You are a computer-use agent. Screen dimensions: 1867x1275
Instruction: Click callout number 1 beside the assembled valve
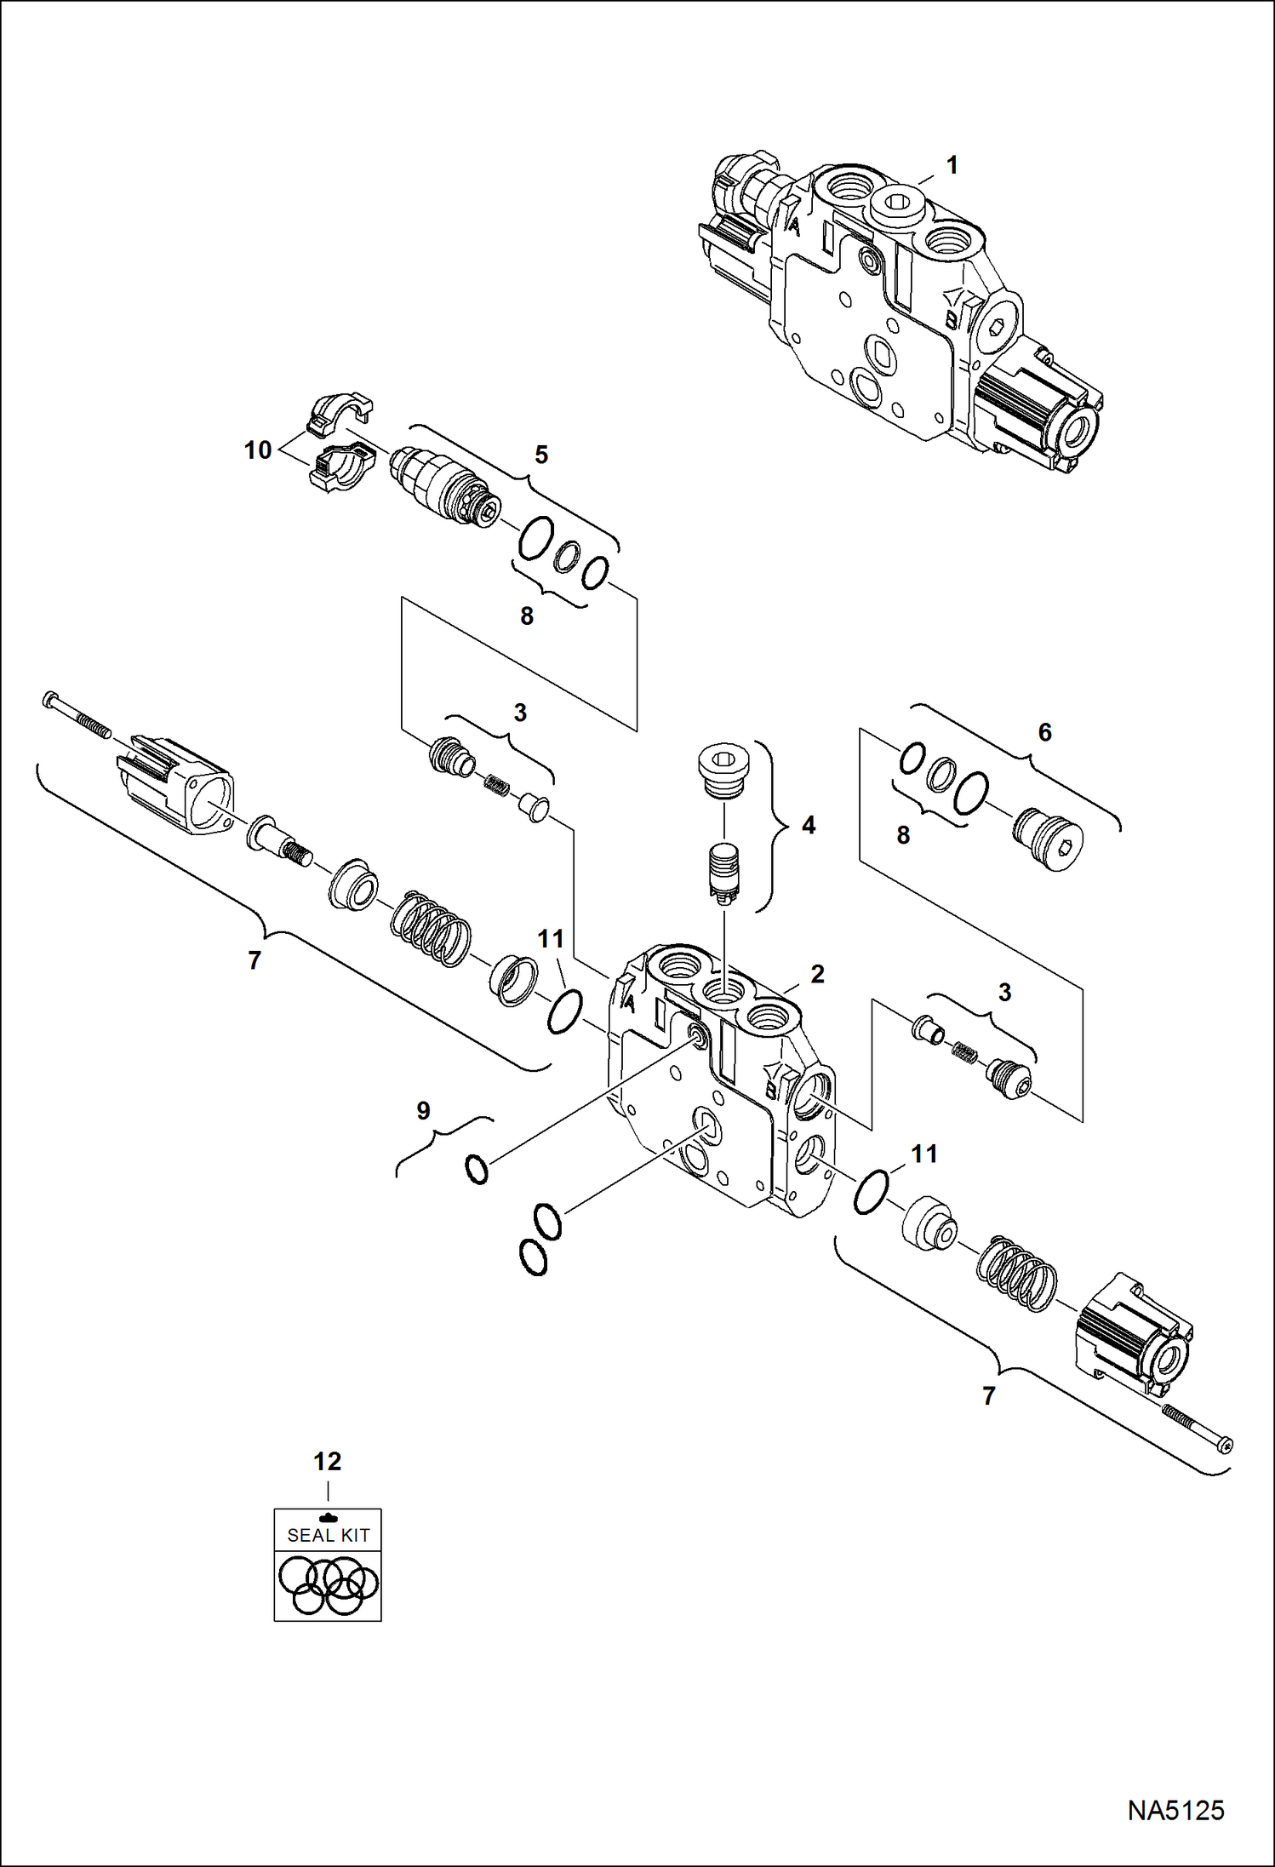[x=952, y=165]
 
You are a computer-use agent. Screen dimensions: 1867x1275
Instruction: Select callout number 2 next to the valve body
[x=817, y=974]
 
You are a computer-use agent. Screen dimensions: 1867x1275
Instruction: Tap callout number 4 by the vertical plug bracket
[x=808, y=825]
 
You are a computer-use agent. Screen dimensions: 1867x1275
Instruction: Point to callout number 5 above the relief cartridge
[x=541, y=455]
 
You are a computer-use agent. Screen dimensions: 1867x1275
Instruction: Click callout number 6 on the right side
[x=1044, y=732]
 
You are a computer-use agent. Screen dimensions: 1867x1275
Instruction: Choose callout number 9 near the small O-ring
[x=423, y=1110]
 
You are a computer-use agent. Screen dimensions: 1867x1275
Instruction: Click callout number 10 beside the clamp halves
[x=258, y=450]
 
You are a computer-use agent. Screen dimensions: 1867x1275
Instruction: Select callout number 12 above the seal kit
[x=328, y=1462]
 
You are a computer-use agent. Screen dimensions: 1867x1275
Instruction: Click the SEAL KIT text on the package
[x=328, y=1535]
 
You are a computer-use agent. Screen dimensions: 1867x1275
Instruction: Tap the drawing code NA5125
[x=1175, y=1810]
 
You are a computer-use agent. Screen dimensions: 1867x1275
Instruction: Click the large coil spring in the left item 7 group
[x=431, y=928]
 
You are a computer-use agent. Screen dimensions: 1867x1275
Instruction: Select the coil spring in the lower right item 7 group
[x=1016, y=1273]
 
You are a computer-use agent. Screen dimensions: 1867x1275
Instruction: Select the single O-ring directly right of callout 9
[x=477, y=1169]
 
